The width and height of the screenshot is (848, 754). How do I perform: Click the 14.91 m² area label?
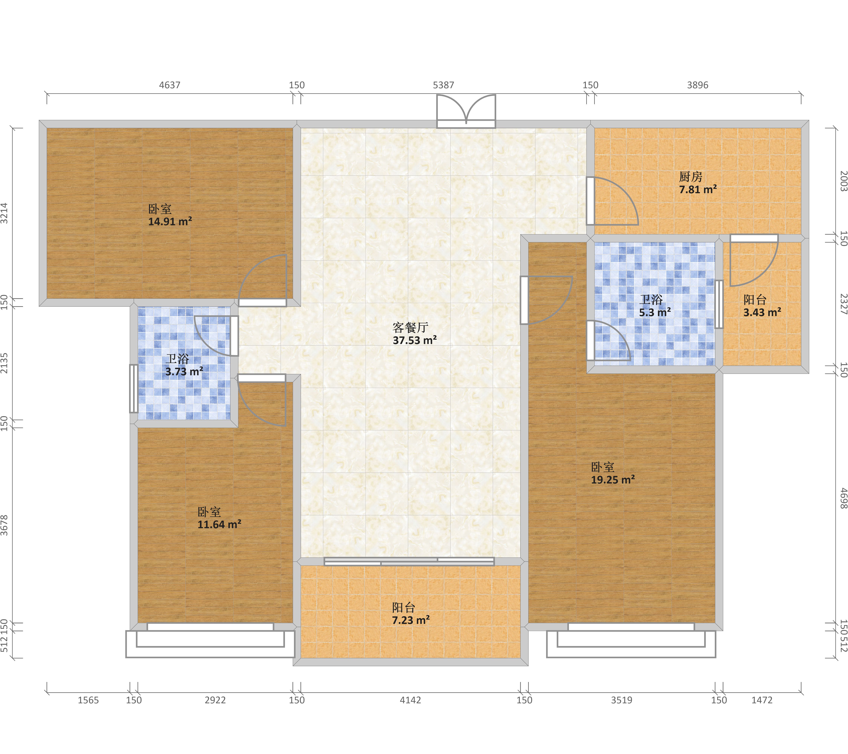coord(170,222)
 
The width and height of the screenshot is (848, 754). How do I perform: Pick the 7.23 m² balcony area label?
coord(411,620)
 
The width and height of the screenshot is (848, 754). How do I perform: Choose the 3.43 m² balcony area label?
coord(762,312)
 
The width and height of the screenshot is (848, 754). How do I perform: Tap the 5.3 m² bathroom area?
coord(655,312)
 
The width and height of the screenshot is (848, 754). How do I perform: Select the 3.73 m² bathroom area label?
coord(184,371)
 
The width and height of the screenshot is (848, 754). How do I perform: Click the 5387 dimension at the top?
coord(443,85)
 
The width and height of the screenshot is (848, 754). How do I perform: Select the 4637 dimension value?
coord(170,85)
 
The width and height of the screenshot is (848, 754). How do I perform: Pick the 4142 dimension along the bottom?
coord(410,700)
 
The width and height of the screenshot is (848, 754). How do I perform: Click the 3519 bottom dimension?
coord(621,700)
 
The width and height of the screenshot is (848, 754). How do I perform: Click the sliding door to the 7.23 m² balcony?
coord(409,562)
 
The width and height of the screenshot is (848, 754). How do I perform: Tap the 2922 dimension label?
coord(215,700)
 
